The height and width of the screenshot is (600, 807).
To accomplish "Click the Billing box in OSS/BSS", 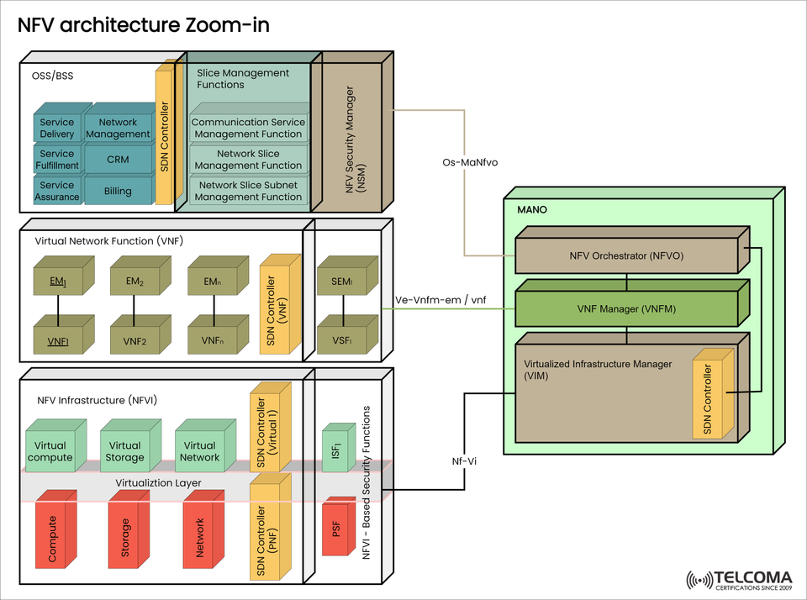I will point(118,191).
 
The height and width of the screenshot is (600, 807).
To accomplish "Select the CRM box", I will point(118,159).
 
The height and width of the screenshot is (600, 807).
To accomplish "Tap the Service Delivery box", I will point(57,128).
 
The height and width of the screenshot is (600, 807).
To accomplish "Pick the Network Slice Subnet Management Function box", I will point(248,191).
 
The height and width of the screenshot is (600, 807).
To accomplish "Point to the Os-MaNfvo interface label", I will point(470,162).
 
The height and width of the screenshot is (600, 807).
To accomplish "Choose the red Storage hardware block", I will point(126,537).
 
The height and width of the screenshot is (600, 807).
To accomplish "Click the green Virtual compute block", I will point(50,451).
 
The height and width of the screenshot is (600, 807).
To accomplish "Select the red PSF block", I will point(336,529).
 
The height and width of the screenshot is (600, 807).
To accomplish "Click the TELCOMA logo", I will point(740,580).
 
